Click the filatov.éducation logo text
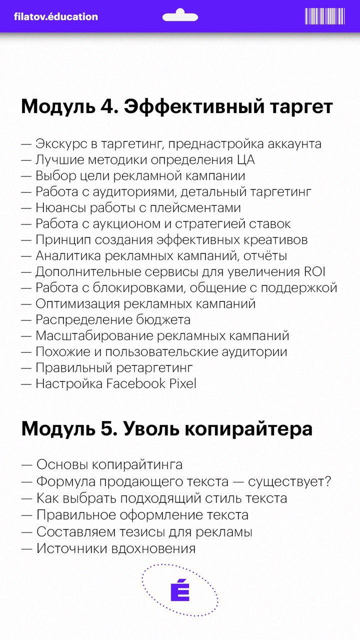56,16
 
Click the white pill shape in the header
180,16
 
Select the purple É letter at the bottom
180,591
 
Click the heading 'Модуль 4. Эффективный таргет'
177,107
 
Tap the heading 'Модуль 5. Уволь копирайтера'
167,429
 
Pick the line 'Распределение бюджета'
112,320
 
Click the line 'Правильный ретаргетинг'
114,368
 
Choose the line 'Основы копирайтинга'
109,464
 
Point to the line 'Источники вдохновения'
115,548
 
